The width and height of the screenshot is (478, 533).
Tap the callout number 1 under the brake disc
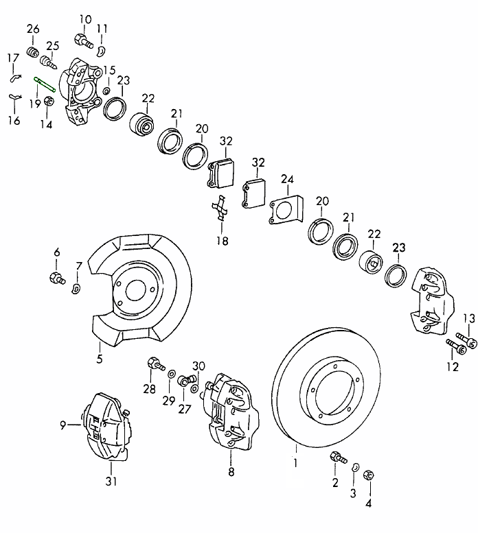click(296, 462)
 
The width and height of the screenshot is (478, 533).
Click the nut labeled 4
click(367, 473)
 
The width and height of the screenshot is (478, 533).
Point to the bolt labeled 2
click(337, 458)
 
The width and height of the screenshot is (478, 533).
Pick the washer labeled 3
click(354, 467)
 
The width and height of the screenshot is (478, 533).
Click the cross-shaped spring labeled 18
click(220, 209)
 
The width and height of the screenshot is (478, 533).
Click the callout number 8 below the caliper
click(231, 472)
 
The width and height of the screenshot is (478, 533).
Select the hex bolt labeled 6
click(56, 278)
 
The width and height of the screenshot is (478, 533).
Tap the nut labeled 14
click(48, 102)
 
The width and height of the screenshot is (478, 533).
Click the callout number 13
click(469, 317)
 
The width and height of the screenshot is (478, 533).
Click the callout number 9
click(62, 425)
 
